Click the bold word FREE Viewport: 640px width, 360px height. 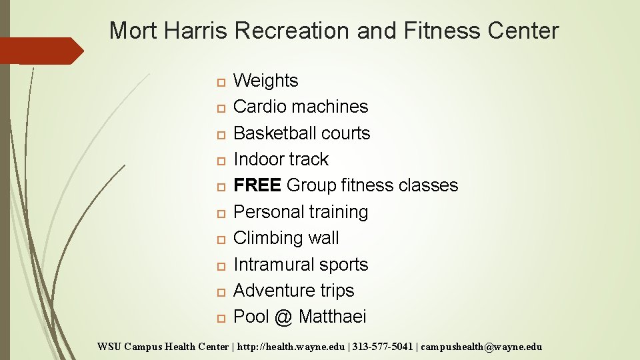point(257,185)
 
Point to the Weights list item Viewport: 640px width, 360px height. point(265,81)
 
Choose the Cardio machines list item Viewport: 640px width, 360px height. point(300,107)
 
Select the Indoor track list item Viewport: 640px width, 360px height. point(281,159)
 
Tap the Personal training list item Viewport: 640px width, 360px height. point(300,212)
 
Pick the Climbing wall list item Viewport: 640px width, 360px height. point(286,238)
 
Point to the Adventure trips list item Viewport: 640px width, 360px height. point(293,291)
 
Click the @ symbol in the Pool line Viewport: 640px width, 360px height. point(283,317)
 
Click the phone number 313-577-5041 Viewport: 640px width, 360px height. point(378,347)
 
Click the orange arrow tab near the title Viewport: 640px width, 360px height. point(40,51)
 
